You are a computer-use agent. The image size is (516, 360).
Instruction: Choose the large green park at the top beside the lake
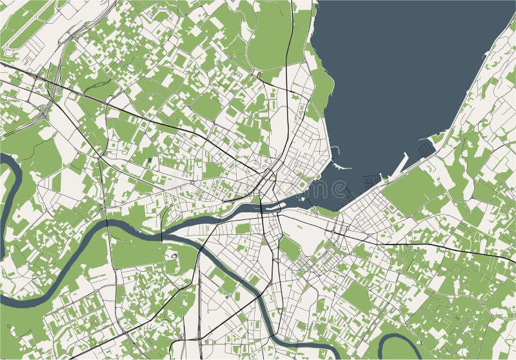pyautogui.click(x=271, y=39)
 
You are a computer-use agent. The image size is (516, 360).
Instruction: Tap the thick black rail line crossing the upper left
pyautogui.click(x=97, y=97)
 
